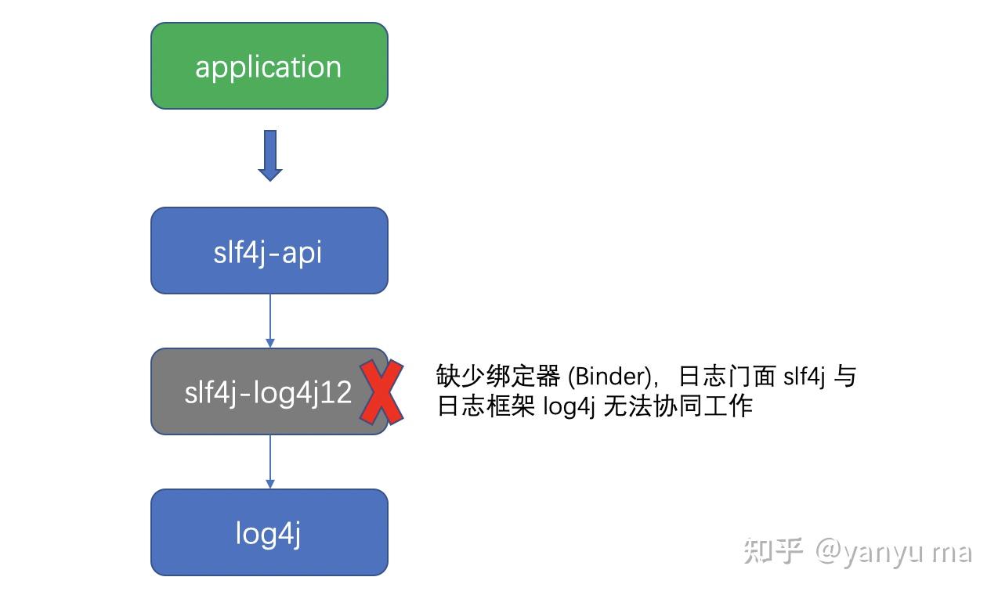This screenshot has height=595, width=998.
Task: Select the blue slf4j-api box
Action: pos(269,251)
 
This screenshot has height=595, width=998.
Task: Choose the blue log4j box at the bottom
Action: pos(269,532)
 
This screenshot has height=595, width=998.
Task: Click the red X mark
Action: pos(381,392)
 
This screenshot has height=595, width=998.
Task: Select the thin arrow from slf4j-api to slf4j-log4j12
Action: pos(269,321)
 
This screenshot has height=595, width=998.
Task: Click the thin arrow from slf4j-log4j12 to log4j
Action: pos(269,462)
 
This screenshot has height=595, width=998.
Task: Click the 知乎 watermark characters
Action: pos(773,551)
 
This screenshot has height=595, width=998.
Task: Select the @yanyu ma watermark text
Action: pos(894,553)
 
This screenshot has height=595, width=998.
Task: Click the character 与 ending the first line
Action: pos(844,377)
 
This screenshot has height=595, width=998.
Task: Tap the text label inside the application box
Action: pos(269,67)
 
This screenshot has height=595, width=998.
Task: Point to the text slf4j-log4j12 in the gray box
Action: pos(269,392)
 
